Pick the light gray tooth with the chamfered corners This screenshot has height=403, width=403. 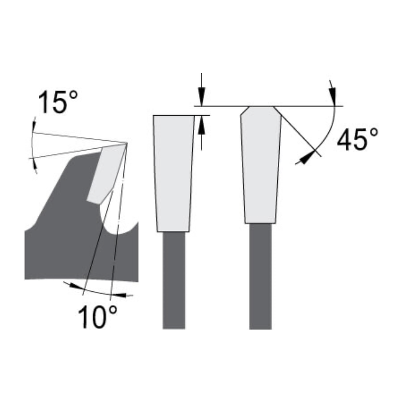pyautogui.click(x=261, y=165)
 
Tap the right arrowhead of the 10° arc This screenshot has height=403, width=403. pyautogui.click(x=125, y=296)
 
